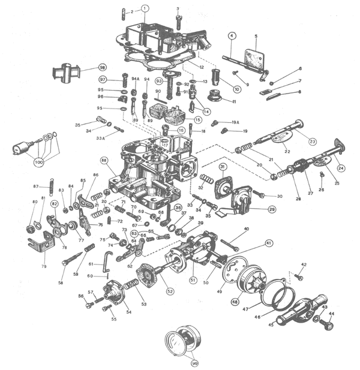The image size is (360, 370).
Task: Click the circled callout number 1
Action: point(144,8)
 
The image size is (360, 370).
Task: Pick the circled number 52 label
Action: point(170,291)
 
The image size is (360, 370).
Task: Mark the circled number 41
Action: point(268,243)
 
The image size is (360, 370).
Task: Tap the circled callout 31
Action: point(222,167)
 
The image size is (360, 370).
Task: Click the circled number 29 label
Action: point(272,209)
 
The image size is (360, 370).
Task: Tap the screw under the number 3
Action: point(178,22)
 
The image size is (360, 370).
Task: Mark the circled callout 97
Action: point(103,80)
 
